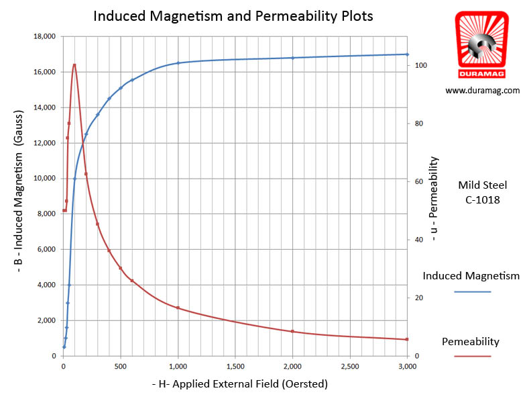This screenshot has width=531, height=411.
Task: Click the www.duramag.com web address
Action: click(482, 90)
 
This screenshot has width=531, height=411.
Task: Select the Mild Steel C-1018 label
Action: click(482, 191)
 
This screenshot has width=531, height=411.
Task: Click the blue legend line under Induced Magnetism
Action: click(472, 292)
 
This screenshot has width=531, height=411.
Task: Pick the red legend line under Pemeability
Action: click(472, 357)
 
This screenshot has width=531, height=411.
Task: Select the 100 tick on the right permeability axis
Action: click(421, 66)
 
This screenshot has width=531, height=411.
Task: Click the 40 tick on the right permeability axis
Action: click(419, 240)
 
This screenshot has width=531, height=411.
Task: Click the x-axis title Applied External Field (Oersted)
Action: click(240, 384)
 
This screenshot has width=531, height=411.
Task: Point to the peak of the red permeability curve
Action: click(74, 64)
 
